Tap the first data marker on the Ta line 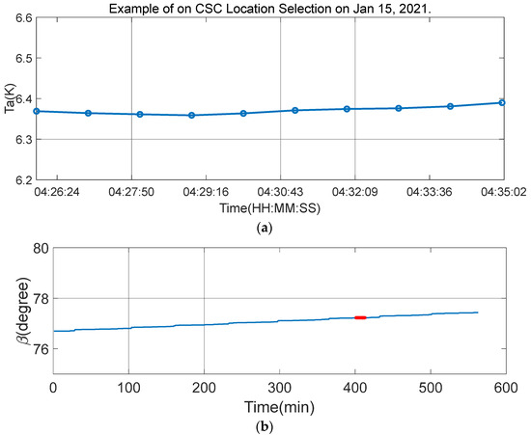click(36, 111)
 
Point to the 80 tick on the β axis click(37, 249)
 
